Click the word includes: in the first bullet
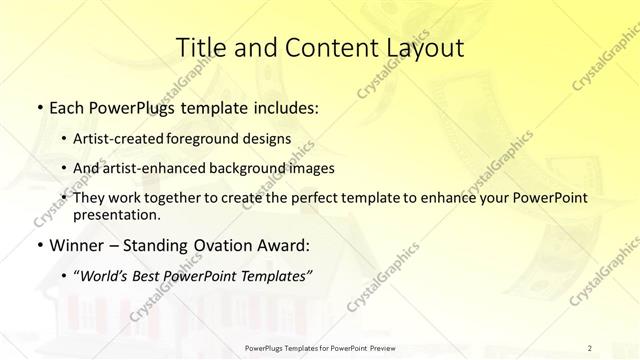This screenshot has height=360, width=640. [x=282, y=107]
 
